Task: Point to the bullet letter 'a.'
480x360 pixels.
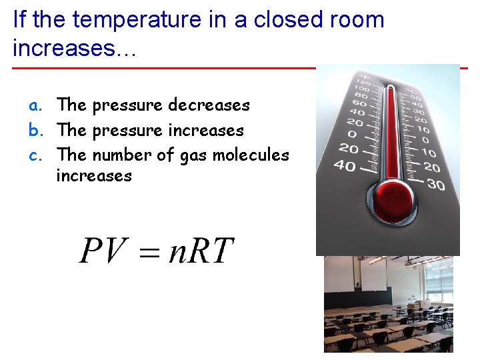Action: click(x=35, y=105)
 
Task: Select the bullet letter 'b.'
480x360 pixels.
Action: click(x=35, y=131)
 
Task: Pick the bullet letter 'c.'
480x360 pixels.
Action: click(x=35, y=155)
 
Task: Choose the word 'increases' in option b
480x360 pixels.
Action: click(x=206, y=131)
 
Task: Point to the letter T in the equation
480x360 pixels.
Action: click(x=223, y=251)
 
